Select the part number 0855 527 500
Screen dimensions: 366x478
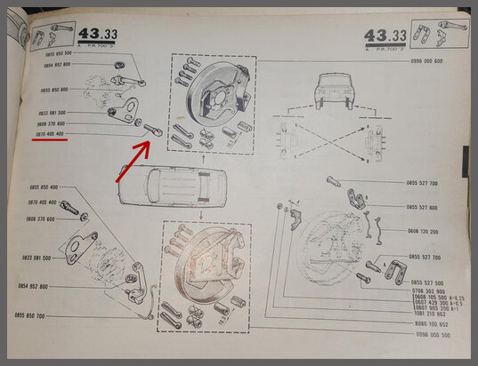[x=427, y=282]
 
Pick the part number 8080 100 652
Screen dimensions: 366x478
[x=429, y=325]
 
